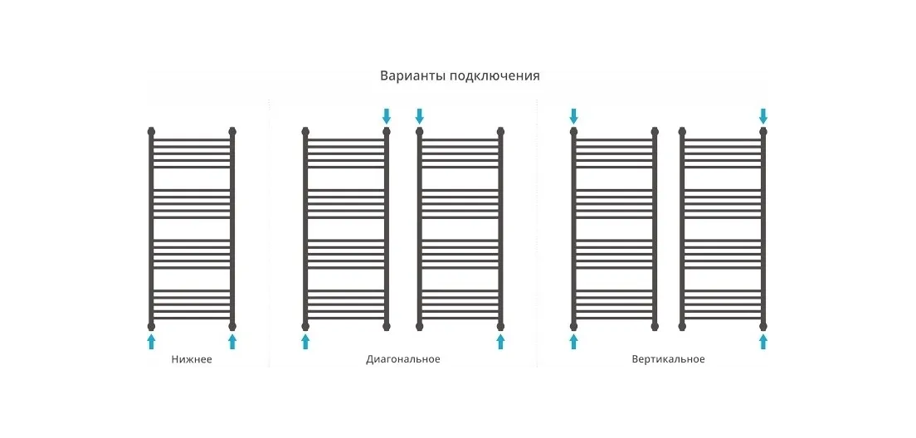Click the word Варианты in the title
tap(412, 76)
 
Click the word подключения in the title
tap(495, 76)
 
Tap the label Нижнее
tap(192, 360)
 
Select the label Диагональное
tap(402, 360)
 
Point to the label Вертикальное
tap(668, 360)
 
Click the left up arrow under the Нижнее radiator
tap(151, 341)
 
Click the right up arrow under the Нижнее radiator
tap(232, 341)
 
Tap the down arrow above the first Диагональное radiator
tap(386, 115)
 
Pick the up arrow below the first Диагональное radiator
tap(305, 341)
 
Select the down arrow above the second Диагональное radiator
tap(419, 115)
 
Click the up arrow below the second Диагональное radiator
tap(500, 341)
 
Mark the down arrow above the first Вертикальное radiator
tap(573, 115)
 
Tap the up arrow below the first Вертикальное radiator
tap(573, 341)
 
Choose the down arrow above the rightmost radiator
tap(763, 115)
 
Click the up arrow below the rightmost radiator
tap(763, 341)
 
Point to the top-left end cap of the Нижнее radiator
tap(151, 131)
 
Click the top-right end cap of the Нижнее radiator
tap(232, 131)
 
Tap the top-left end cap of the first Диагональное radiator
tap(305, 131)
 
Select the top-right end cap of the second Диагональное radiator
tap(500, 131)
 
